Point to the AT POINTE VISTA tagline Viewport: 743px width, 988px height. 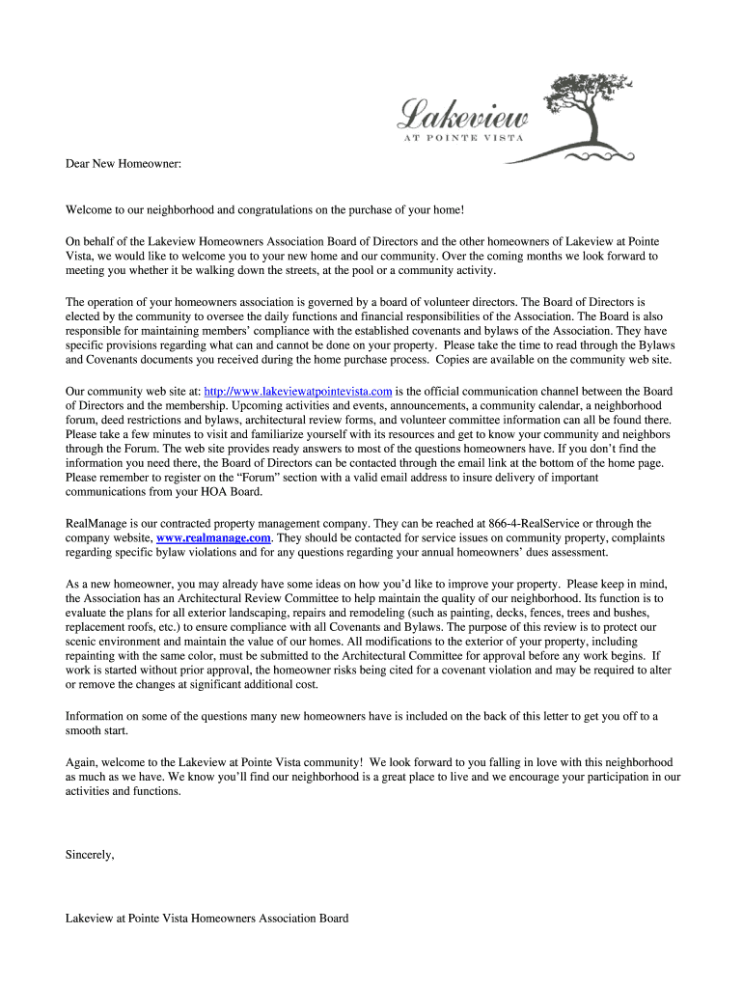click(x=462, y=137)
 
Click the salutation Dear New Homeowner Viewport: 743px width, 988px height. click(x=124, y=165)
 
